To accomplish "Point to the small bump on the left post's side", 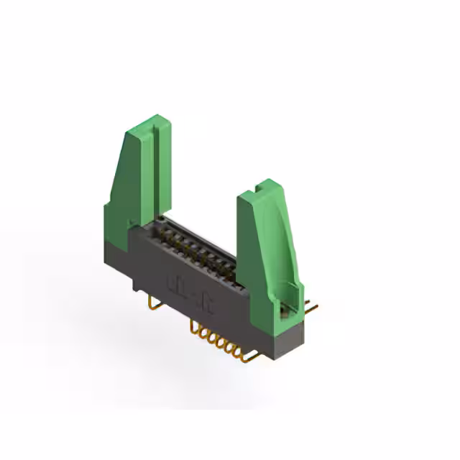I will [130, 223].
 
